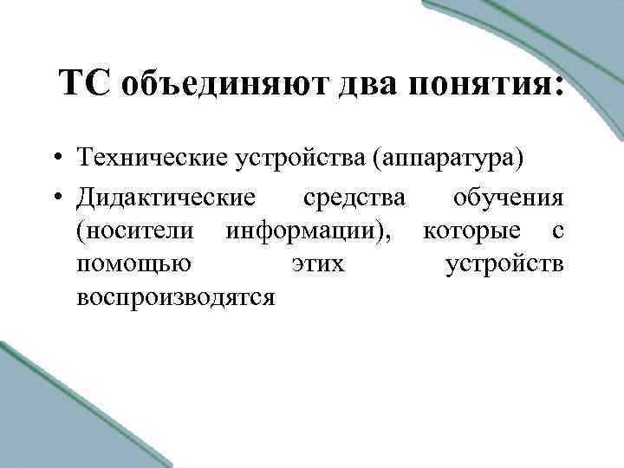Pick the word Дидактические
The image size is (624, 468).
[x=166, y=198]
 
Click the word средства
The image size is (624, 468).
[x=354, y=198]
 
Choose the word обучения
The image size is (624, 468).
[x=509, y=198]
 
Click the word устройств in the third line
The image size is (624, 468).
[x=504, y=263]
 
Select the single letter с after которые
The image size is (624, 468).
[x=559, y=232]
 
